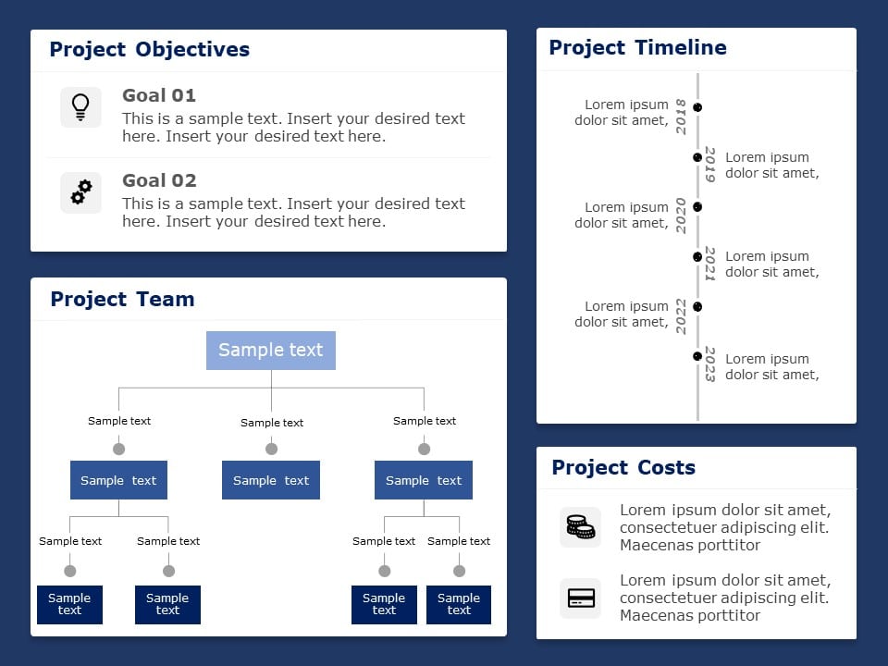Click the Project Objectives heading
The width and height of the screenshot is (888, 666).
click(x=149, y=49)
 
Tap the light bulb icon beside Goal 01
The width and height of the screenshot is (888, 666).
click(x=80, y=107)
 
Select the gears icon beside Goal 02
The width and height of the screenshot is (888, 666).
click(x=80, y=192)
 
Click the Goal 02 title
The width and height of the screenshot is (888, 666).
click(x=159, y=180)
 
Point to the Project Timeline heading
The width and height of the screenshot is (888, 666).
click(x=637, y=47)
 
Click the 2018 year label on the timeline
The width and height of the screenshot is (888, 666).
click(x=682, y=117)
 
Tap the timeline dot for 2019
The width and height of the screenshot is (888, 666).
click(x=697, y=157)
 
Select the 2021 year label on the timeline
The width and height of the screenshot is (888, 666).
click(x=710, y=264)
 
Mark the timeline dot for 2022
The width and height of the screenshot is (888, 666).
click(x=697, y=306)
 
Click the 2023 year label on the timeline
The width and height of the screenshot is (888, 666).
click(x=710, y=364)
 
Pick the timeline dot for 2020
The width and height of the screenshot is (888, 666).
click(x=697, y=207)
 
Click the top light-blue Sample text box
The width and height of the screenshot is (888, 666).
click(x=271, y=351)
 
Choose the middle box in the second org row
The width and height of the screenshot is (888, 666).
click(x=271, y=480)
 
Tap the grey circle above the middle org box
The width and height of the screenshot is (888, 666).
click(x=271, y=449)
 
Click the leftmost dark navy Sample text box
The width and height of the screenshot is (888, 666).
click(x=69, y=604)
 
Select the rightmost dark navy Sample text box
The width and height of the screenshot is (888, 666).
click(x=459, y=604)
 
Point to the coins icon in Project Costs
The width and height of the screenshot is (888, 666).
click(x=580, y=527)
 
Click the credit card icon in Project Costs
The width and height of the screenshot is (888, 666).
click(x=580, y=598)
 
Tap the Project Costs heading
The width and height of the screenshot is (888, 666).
click(x=623, y=467)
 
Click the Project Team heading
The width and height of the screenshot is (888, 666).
click(x=122, y=299)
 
